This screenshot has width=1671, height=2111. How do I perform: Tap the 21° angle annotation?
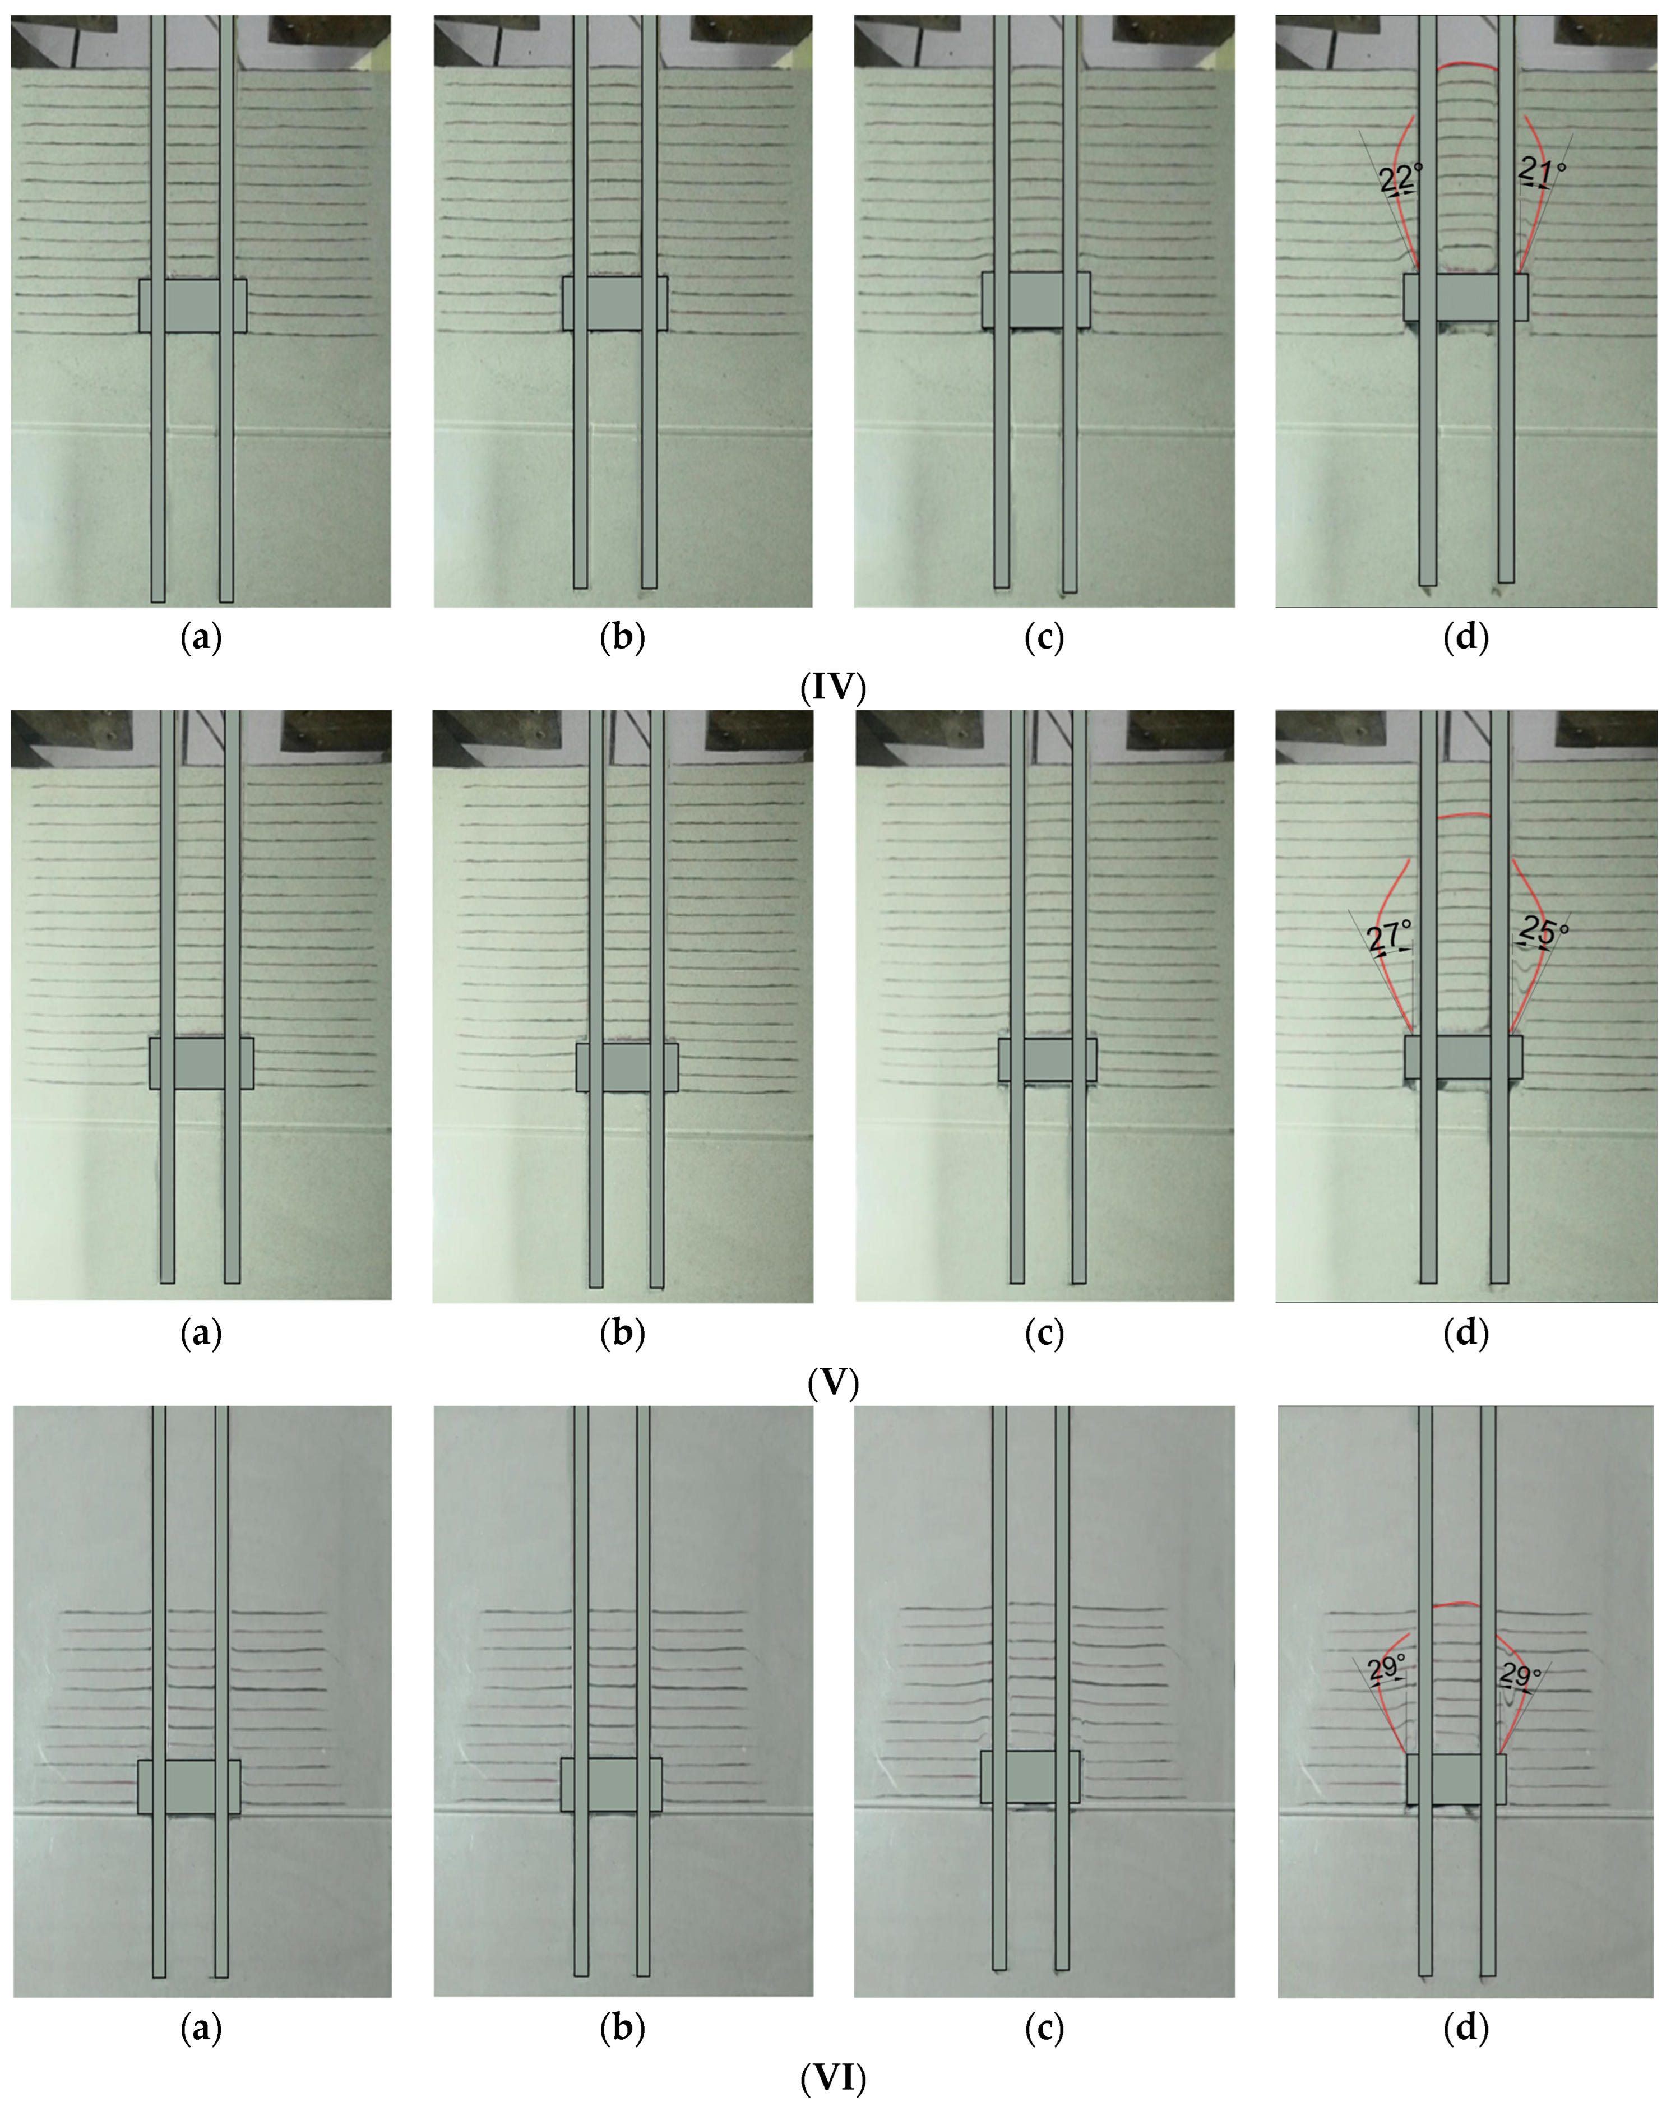click(1542, 171)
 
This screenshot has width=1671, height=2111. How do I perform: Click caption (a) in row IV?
click(202, 638)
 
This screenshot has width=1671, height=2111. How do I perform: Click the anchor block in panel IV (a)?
click(193, 305)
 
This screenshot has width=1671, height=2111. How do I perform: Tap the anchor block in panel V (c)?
click(1047, 1059)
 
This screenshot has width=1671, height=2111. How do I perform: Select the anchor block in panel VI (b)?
click(612, 1784)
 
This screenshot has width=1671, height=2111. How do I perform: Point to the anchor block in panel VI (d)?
click(1456, 1779)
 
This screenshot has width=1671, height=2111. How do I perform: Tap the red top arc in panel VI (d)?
click(1455, 1604)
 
